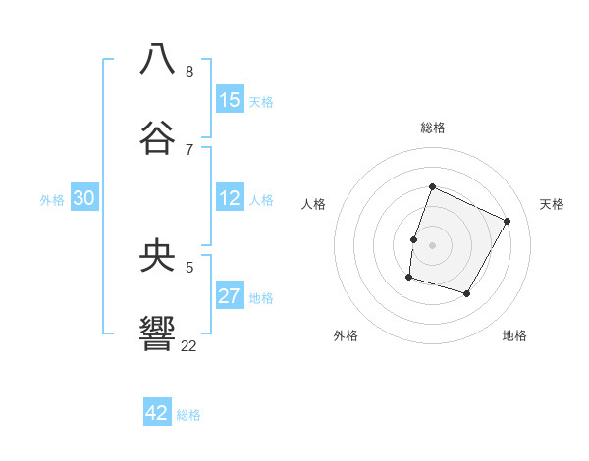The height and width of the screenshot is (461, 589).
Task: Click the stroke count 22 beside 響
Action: pyautogui.click(x=189, y=345)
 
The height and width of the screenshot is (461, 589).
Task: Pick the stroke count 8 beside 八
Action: pyautogui.click(x=189, y=71)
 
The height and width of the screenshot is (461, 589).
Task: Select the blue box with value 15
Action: pyautogui.click(x=230, y=100)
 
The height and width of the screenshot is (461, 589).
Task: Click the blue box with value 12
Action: pyautogui.click(x=230, y=198)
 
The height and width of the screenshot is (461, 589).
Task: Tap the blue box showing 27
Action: pyautogui.click(x=230, y=296)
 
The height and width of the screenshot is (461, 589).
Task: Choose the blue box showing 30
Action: pyautogui.click(x=84, y=198)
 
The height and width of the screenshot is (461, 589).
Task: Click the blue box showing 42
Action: pyautogui.click(x=157, y=413)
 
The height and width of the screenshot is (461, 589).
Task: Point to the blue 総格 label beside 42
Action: pyautogui.click(x=188, y=415)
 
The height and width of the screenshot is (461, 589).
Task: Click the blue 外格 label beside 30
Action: pyautogui.click(x=52, y=200)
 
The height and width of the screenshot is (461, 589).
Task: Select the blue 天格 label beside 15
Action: pyautogui.click(x=261, y=102)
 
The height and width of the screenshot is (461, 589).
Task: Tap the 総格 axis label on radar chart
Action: pyautogui.click(x=433, y=128)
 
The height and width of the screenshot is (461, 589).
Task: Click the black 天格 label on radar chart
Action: pyautogui.click(x=552, y=204)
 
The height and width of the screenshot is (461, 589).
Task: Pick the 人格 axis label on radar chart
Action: pyautogui.click(x=314, y=204)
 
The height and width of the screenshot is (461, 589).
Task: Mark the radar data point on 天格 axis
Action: pyautogui.click(x=508, y=221)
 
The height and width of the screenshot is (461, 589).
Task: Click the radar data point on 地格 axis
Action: pyautogui.click(x=467, y=294)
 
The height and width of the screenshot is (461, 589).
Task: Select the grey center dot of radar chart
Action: pyautogui.click(x=433, y=245)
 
